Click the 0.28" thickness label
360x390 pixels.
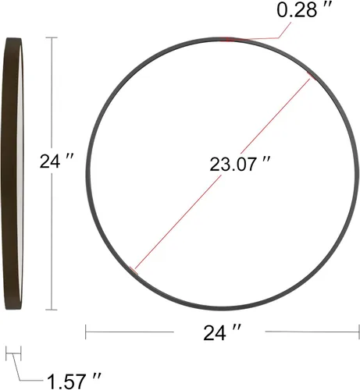304,10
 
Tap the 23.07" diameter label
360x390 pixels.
240,164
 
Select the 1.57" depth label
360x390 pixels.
74,381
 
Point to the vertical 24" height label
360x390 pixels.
56,161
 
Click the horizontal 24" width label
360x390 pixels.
222,332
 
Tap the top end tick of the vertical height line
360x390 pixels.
52,38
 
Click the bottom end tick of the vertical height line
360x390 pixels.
52,310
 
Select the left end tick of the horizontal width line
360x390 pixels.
86,331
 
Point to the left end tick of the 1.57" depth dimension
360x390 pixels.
6,353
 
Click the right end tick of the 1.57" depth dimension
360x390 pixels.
21,353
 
